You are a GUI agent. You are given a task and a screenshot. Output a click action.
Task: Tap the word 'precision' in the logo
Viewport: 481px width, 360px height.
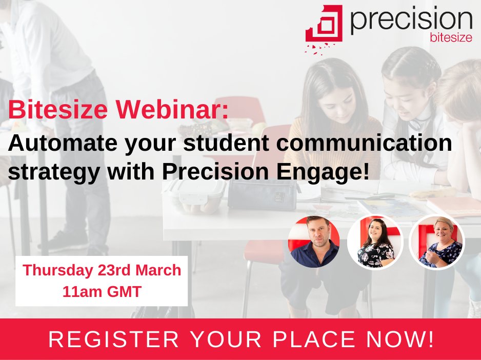point(411,20)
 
